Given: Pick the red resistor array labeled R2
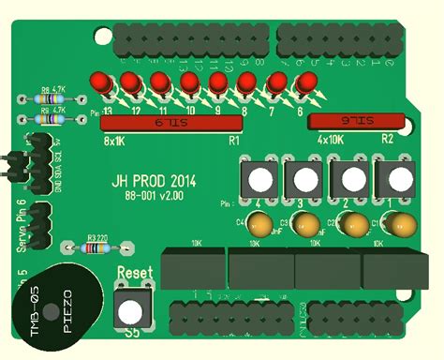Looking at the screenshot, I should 358,121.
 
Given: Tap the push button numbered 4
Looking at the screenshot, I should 259,178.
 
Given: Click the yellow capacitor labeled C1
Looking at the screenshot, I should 404,225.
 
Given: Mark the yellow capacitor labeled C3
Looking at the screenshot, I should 306,225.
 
